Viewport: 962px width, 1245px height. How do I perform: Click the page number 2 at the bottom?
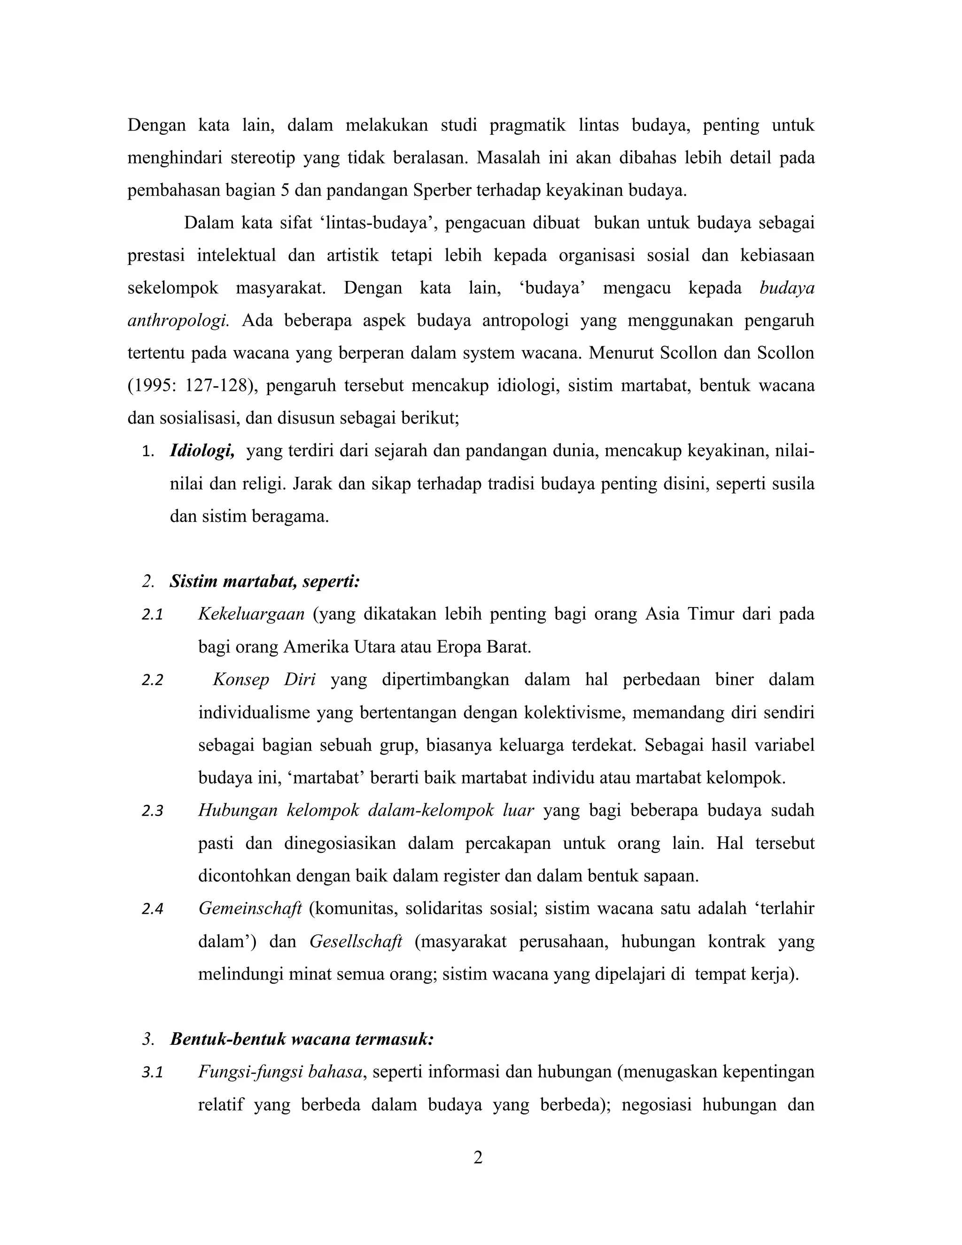(478, 1158)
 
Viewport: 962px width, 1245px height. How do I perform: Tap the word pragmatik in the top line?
(527, 125)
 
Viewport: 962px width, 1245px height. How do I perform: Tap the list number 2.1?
(153, 615)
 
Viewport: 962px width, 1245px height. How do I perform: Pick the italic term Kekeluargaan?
(251, 615)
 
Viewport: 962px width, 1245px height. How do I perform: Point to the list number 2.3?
(153, 811)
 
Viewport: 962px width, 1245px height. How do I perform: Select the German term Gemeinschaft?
(249, 909)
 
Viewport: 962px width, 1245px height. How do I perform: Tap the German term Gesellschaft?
(356, 942)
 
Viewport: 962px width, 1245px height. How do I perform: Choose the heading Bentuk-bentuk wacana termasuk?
(302, 1039)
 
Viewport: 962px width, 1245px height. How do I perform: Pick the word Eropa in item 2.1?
(462, 647)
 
